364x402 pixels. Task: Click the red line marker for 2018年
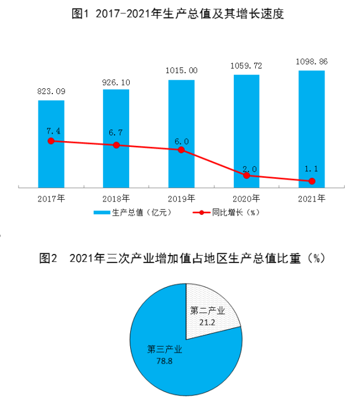pos(116,145)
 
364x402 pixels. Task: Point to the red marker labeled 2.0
pos(247,175)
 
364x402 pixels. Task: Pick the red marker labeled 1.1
pos(312,181)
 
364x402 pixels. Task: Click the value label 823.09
pos(51,92)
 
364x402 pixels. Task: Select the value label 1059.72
pos(247,66)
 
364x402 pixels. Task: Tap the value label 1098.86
pos(312,60)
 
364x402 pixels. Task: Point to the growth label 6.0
pos(181,141)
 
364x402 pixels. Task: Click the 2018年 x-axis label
pos(116,198)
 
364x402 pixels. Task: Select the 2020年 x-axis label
pos(247,198)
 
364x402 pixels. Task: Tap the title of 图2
pos(181,259)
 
